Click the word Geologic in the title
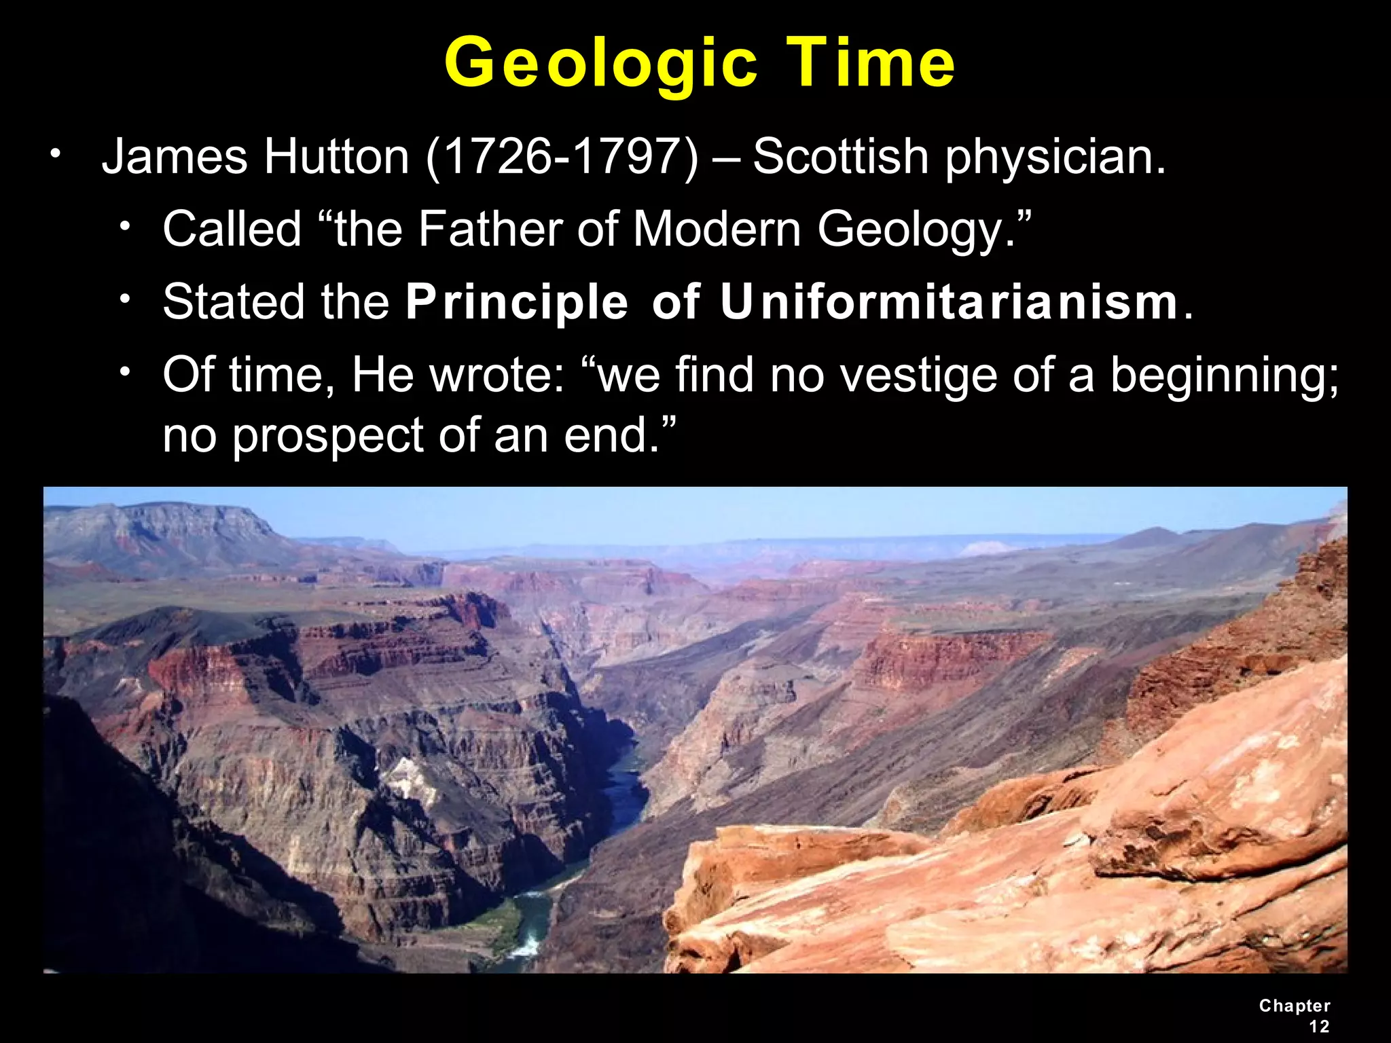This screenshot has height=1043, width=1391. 600,65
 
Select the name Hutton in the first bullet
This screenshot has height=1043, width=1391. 336,158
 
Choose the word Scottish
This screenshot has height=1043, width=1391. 840,158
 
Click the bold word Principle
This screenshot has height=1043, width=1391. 517,303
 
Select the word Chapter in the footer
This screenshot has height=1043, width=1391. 1295,1006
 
